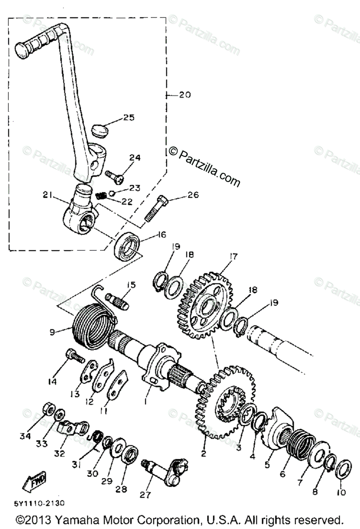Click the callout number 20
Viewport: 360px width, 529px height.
[x=185, y=95]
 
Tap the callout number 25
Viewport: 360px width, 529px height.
[x=129, y=118]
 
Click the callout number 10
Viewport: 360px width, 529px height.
[x=342, y=492]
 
